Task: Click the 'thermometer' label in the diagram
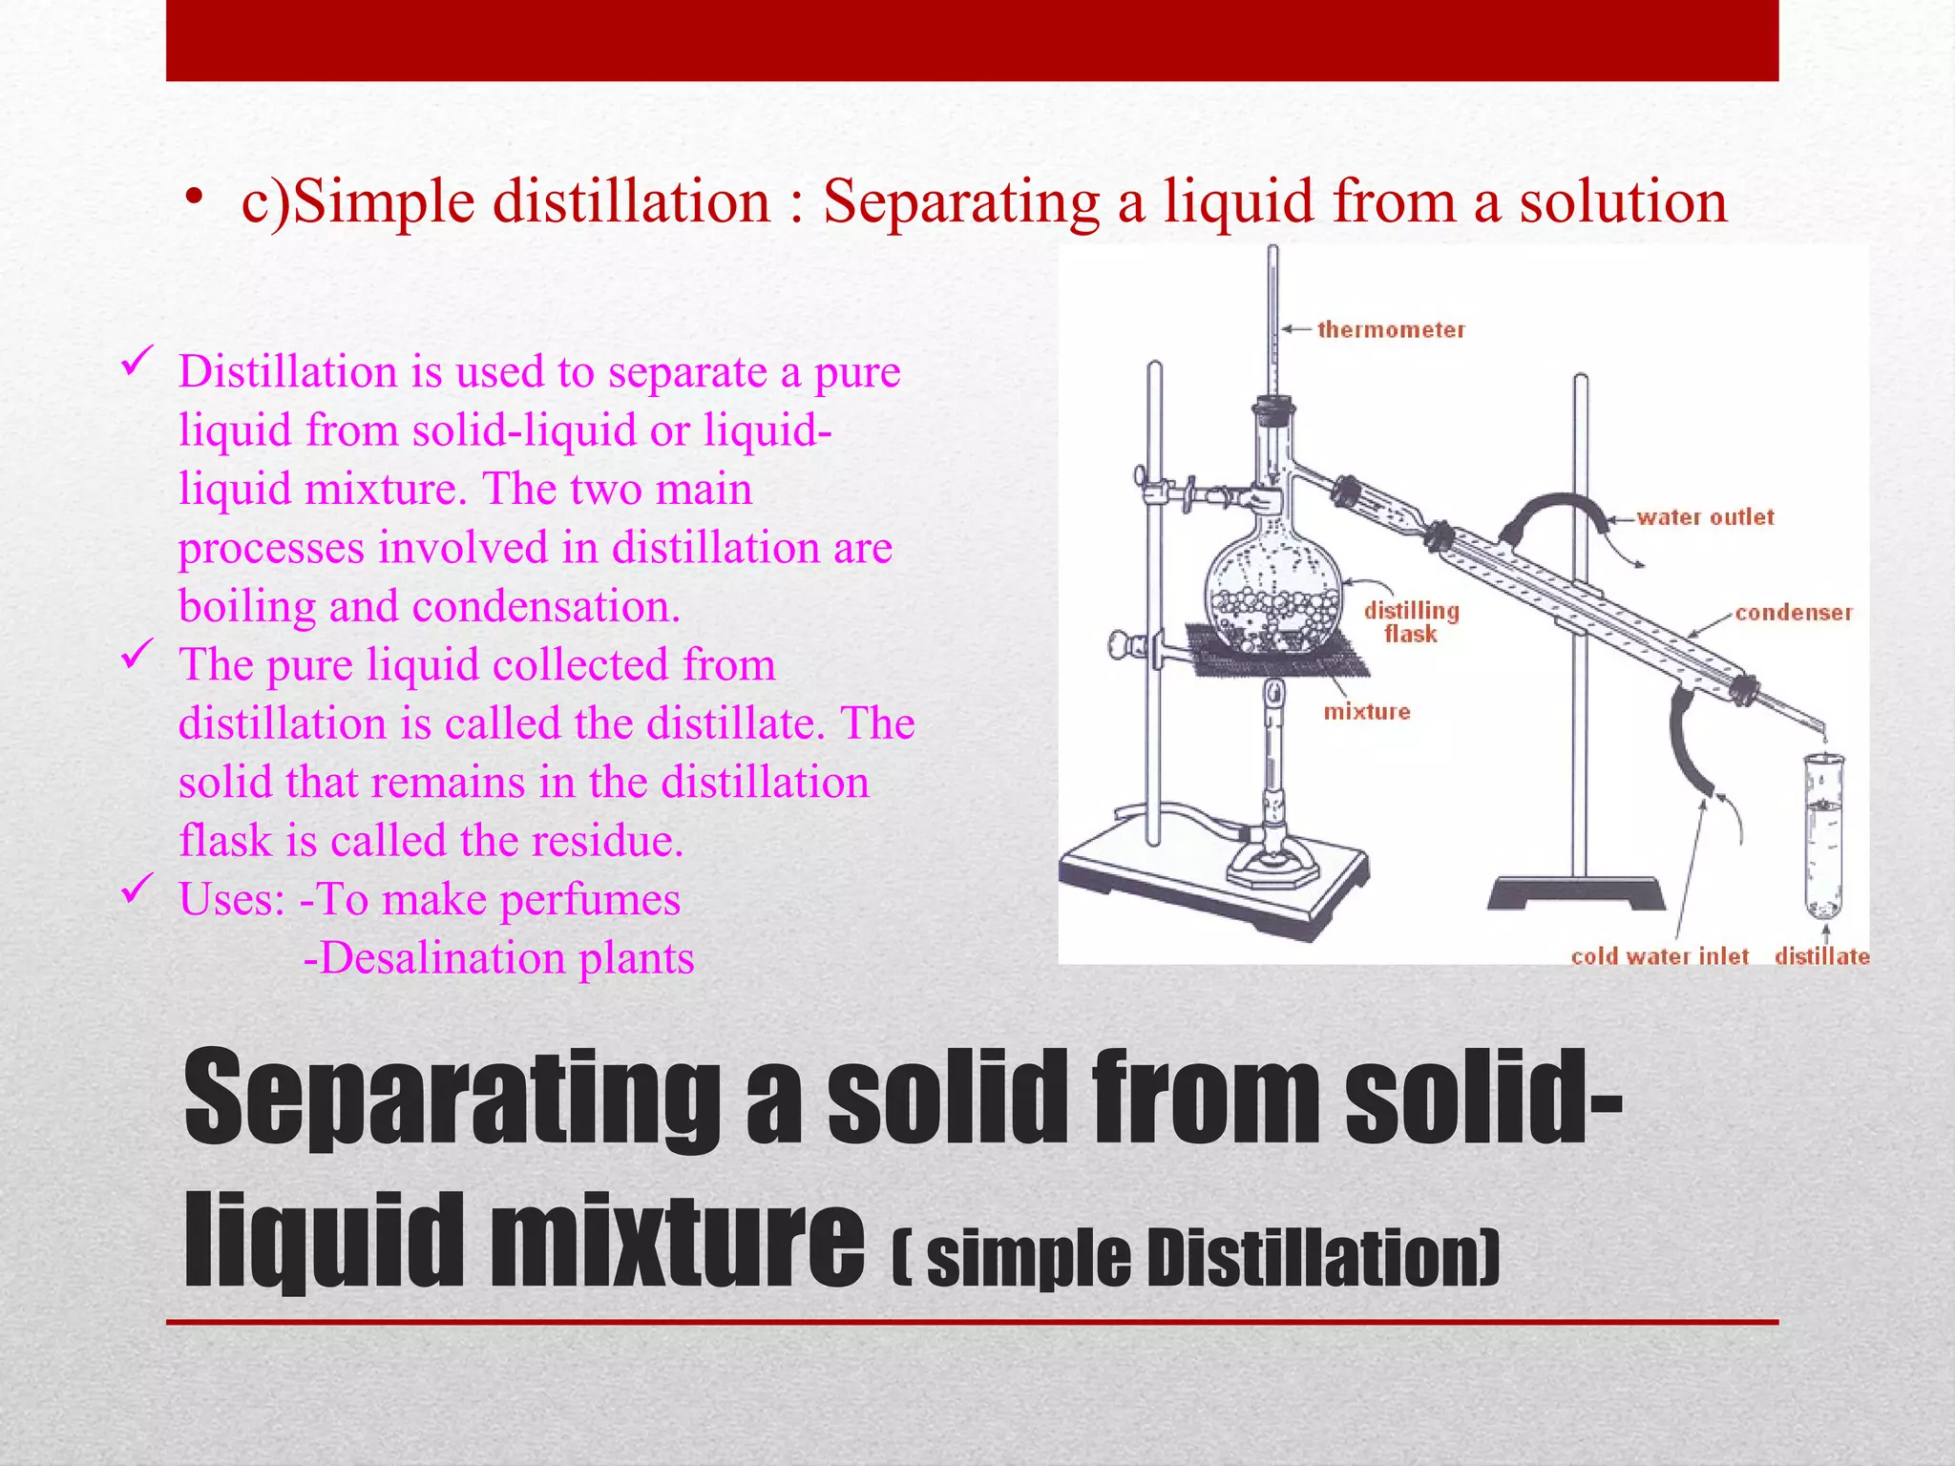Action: pyautogui.click(x=1390, y=330)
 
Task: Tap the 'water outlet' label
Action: pyautogui.click(x=1705, y=517)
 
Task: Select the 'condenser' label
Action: pyautogui.click(x=1793, y=613)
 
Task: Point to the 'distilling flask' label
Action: pyautogui.click(x=1411, y=622)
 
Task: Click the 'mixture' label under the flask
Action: pyautogui.click(x=1366, y=712)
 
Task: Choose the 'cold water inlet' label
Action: pyautogui.click(x=1659, y=956)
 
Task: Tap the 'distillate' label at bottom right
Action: pyautogui.click(x=1821, y=956)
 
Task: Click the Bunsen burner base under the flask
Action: pyautogui.click(x=1272, y=864)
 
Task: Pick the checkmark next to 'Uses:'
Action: pyautogui.click(x=137, y=890)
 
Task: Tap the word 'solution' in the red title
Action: pyautogui.click(x=1623, y=202)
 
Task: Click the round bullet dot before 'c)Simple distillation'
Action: pyautogui.click(x=196, y=199)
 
